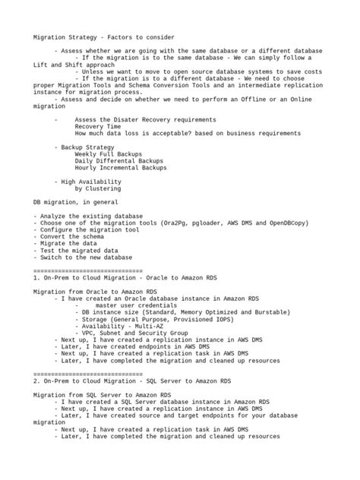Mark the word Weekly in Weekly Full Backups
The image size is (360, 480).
(x=85, y=153)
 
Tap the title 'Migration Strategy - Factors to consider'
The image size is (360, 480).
(x=103, y=36)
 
